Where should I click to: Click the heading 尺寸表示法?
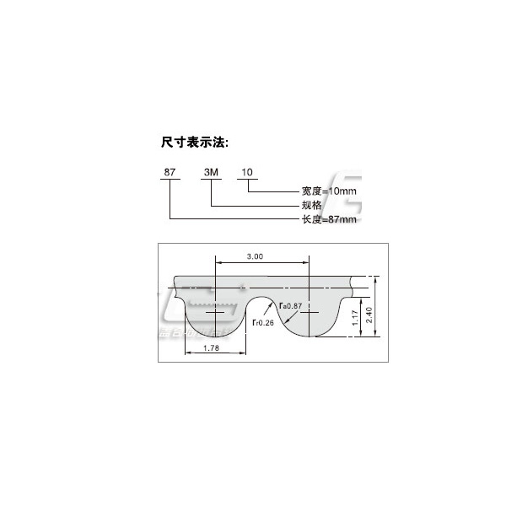pos(195,141)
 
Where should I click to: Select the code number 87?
pos(170,171)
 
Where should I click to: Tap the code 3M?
pos(210,171)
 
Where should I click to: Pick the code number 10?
pos(247,171)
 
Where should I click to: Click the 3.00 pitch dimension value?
pos(256,256)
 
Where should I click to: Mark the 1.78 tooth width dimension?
pos(195,347)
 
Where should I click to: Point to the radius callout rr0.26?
pos(264,321)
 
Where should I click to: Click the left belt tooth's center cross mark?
pos(218,311)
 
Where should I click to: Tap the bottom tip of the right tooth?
pos(312,336)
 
